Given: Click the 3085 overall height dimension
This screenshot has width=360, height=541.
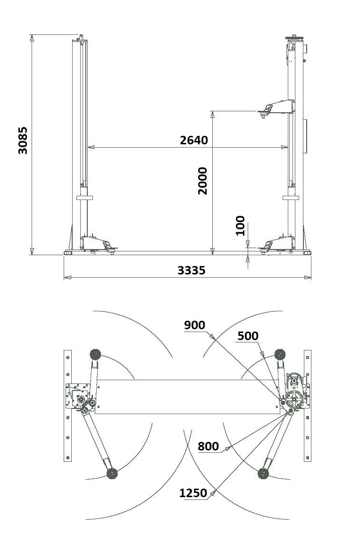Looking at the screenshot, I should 23,140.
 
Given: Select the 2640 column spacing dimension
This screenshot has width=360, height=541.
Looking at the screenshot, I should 194,140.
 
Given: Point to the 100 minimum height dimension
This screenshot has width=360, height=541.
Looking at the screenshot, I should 240,225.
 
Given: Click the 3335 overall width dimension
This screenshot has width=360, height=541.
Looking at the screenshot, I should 192,270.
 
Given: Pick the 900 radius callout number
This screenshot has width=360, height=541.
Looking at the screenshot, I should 194,325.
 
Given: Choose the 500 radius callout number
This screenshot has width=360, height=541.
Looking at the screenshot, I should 248,336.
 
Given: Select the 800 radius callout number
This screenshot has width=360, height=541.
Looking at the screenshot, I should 209,446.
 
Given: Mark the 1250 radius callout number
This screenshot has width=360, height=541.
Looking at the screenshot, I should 193,493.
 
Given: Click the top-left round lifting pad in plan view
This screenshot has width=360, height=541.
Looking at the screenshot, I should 95,354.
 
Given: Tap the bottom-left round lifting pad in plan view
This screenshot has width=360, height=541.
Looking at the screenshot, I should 112,473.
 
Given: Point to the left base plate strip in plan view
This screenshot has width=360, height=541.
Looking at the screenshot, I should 68,406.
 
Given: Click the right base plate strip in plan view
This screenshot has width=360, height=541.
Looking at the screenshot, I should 308,406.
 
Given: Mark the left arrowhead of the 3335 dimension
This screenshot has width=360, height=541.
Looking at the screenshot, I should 67,277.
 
